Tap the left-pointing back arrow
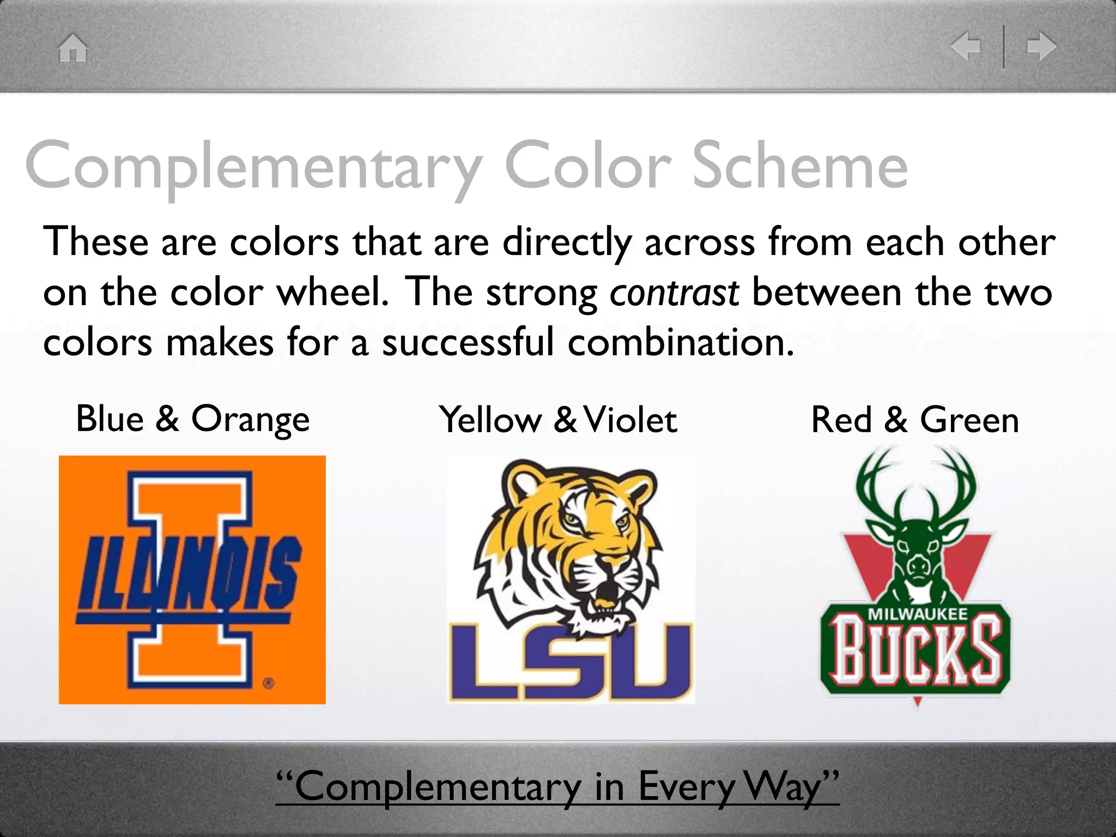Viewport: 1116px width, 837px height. pyautogui.click(x=966, y=46)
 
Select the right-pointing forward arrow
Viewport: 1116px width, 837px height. pyautogui.click(x=1041, y=46)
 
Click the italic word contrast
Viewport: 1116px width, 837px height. pyautogui.click(x=674, y=293)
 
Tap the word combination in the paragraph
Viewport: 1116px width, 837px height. pyautogui.click(x=680, y=343)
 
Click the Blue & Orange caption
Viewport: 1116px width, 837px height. pyautogui.click(x=192, y=419)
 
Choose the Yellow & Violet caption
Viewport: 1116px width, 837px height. pyautogui.click(x=558, y=420)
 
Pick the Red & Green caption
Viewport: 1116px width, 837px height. pyautogui.click(x=914, y=420)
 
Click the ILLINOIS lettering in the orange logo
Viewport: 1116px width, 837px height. pyautogui.click(x=188, y=572)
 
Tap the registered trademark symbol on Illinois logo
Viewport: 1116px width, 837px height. pyautogui.click(x=269, y=683)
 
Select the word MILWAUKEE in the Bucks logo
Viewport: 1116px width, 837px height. pyautogui.click(x=917, y=614)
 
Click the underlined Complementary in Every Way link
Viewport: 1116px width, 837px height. pyautogui.click(x=557, y=786)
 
